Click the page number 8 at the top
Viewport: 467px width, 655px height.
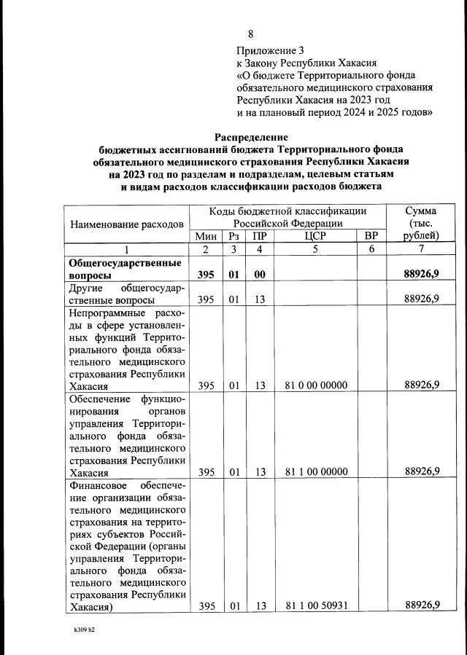click(x=251, y=34)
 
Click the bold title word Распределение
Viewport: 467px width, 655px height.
click(x=251, y=137)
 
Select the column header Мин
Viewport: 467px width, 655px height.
click(x=206, y=235)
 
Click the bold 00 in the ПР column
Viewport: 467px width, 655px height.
click(x=258, y=275)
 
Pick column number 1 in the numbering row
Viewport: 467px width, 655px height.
click(x=126, y=249)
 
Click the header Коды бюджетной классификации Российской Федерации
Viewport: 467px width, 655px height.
click(x=287, y=216)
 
